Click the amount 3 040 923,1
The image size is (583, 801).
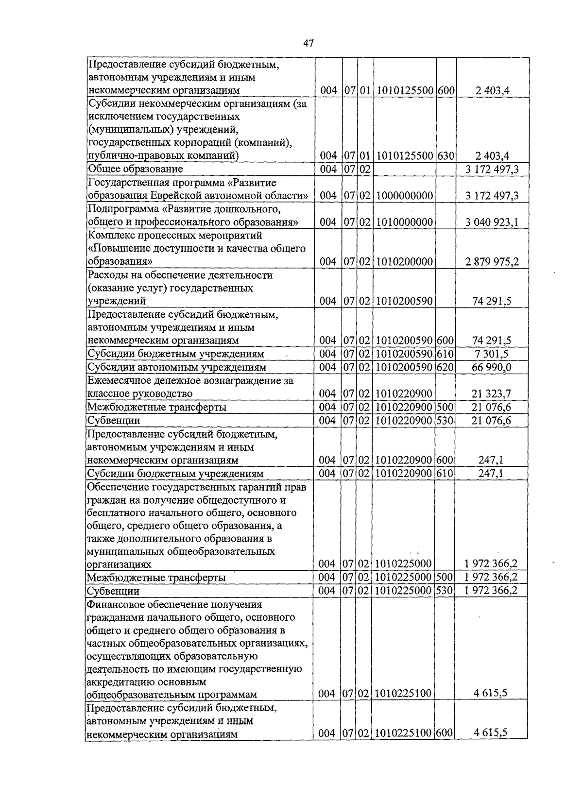point(491,222)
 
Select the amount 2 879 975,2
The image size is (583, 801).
point(491,262)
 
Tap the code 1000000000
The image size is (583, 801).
point(404,196)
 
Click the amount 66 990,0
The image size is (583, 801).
point(491,368)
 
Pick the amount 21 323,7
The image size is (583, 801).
point(491,393)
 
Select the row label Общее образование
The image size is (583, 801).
point(135,169)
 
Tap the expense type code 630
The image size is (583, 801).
point(445,156)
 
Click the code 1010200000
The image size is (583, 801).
point(404,262)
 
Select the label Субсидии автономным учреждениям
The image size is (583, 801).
point(176,368)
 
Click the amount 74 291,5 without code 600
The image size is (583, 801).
point(491,301)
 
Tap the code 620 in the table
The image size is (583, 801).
point(445,368)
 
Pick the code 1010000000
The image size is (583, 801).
point(404,222)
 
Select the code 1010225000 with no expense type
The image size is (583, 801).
point(404,564)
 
